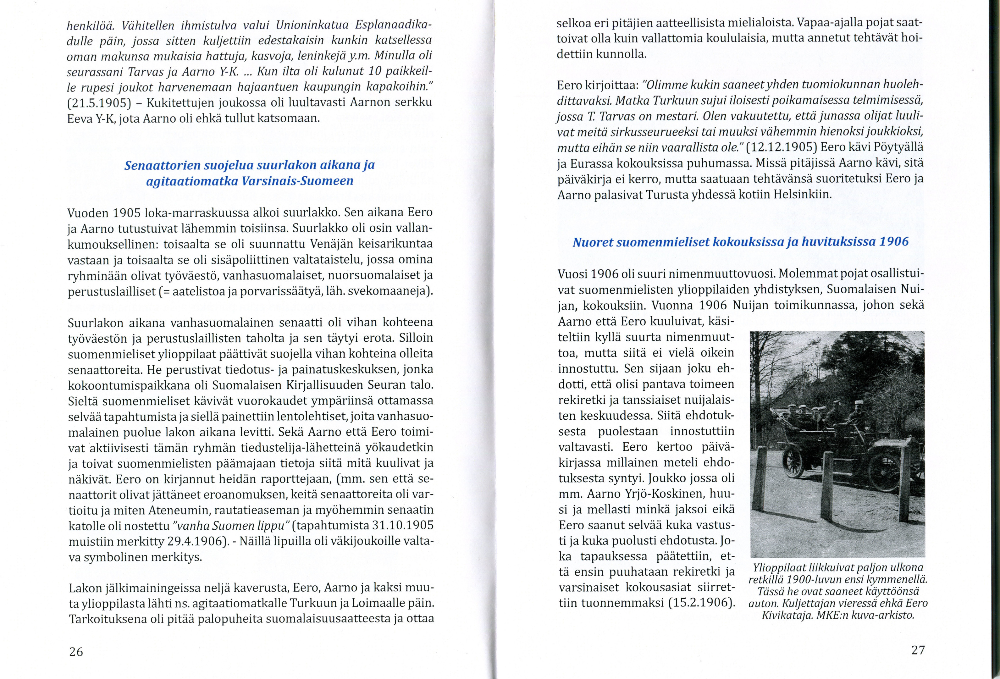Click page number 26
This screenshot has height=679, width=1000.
point(76,651)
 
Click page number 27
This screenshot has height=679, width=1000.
point(918,650)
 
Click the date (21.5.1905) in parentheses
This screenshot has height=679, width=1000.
point(99,103)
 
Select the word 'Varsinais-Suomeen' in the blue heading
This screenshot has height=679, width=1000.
point(297,181)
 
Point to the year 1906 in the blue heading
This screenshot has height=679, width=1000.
point(894,241)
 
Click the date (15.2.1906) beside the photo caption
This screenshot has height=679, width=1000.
point(701,602)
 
